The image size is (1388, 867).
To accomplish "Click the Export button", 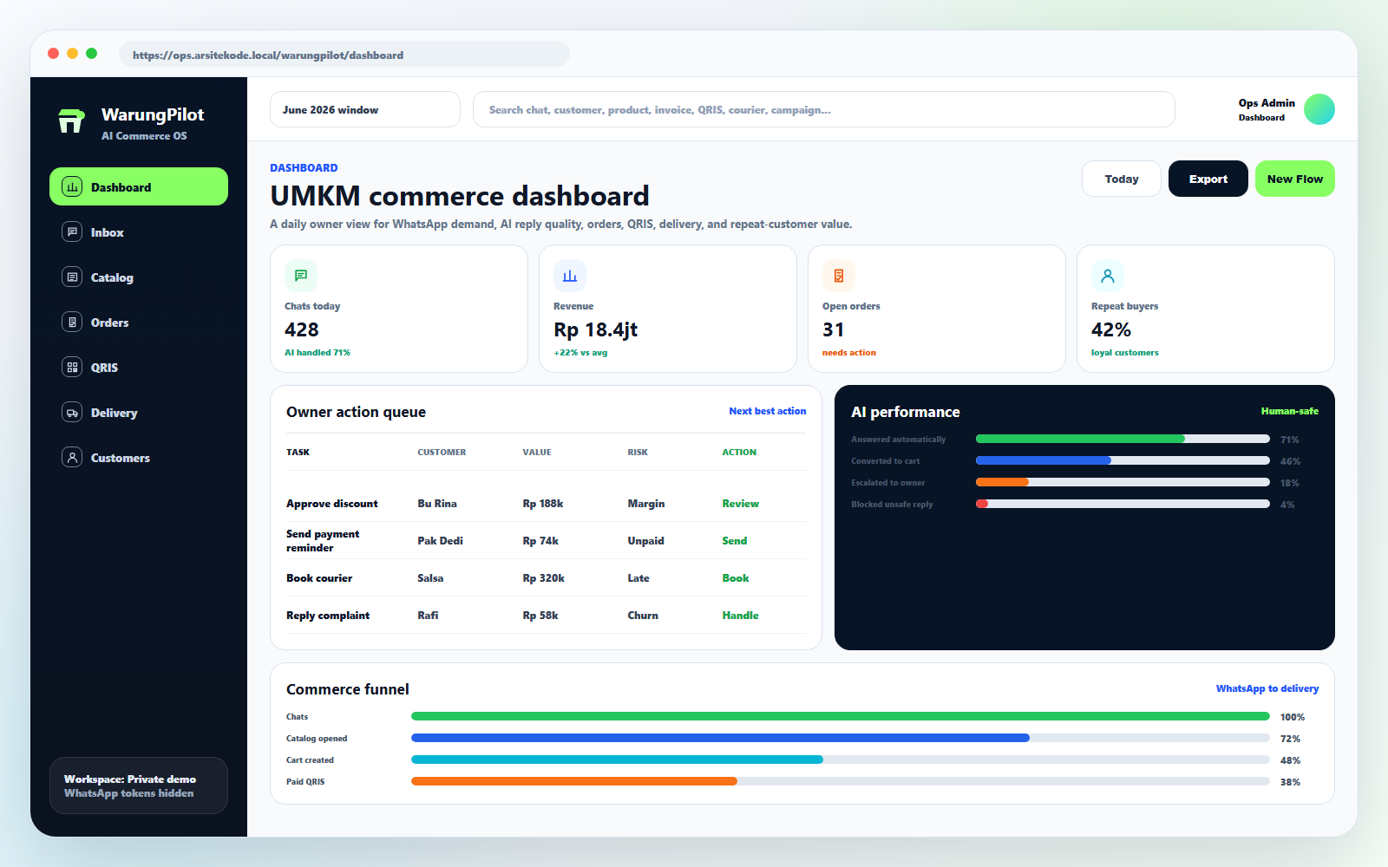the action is (x=1208, y=179).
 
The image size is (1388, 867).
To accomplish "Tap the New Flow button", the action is (x=1294, y=179).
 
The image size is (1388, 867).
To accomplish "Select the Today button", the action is (x=1121, y=179).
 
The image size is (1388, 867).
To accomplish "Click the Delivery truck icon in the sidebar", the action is (x=72, y=413).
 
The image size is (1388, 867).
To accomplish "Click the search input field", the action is (x=823, y=109).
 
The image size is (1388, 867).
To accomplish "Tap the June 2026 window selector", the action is (x=365, y=109).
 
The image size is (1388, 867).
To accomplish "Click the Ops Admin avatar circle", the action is (x=1319, y=109).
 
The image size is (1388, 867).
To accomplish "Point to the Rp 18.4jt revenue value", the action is (x=595, y=329).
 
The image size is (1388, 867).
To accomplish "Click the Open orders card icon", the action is (x=838, y=276).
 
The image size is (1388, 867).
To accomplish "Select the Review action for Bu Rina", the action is (x=740, y=504).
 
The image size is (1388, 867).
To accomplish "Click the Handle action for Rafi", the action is (x=740, y=615).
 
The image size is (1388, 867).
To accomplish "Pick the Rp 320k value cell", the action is (x=543, y=577).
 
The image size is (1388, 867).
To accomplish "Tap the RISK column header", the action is (x=637, y=452).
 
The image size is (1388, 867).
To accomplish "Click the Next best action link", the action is (x=767, y=411).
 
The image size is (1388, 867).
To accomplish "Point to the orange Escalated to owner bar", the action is (x=1002, y=482).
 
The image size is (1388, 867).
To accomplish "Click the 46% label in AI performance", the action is (x=1290, y=461).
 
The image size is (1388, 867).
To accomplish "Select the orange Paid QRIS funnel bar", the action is (x=573, y=781).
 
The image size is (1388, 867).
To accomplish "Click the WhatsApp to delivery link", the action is (x=1267, y=688).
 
